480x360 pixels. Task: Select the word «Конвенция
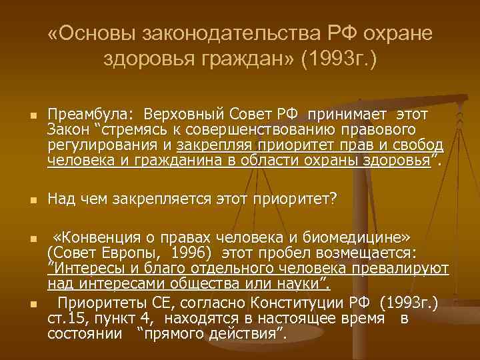click(95, 239)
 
